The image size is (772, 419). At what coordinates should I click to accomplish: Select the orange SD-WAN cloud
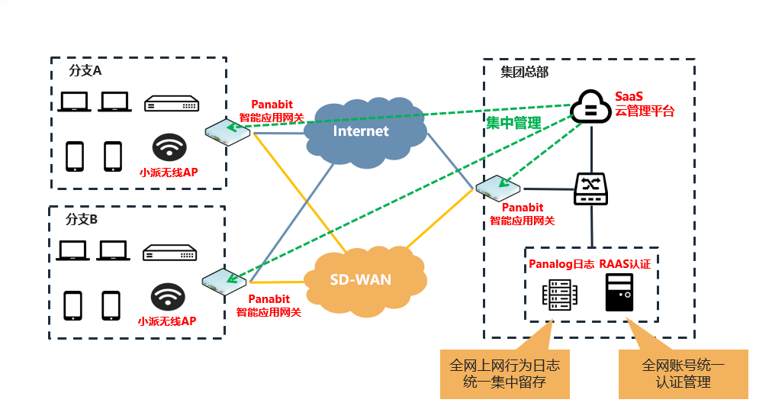pos(365,281)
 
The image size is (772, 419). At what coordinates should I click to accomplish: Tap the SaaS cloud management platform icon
pos(590,106)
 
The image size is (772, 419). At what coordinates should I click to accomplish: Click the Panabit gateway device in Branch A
pos(227,131)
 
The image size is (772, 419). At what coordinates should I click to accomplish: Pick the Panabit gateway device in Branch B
pos(224,282)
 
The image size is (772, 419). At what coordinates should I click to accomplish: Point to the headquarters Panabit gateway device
pos(498,188)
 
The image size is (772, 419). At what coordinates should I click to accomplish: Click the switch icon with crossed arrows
pos(590,189)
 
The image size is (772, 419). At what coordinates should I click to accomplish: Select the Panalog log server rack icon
pos(559,295)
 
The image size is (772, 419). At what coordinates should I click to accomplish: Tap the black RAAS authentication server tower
pos(619,292)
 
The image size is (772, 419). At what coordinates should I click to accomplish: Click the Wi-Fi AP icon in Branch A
pos(169,147)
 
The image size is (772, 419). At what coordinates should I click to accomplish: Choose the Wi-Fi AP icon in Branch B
pos(168,297)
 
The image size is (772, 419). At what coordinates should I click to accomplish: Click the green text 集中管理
pos(513,123)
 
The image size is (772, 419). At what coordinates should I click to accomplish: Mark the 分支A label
pos(85,70)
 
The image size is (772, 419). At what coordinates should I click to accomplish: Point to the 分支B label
pos(82,219)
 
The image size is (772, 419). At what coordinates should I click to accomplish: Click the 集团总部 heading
pos(524,73)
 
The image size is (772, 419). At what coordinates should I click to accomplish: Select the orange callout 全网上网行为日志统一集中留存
pos(505,374)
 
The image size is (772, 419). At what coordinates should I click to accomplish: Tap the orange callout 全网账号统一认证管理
pos(684,374)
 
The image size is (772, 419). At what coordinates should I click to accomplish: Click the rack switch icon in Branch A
pos(172,104)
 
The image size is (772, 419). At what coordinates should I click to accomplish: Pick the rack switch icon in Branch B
pos(170,253)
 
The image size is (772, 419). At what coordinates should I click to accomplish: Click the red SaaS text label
pos(629,96)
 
